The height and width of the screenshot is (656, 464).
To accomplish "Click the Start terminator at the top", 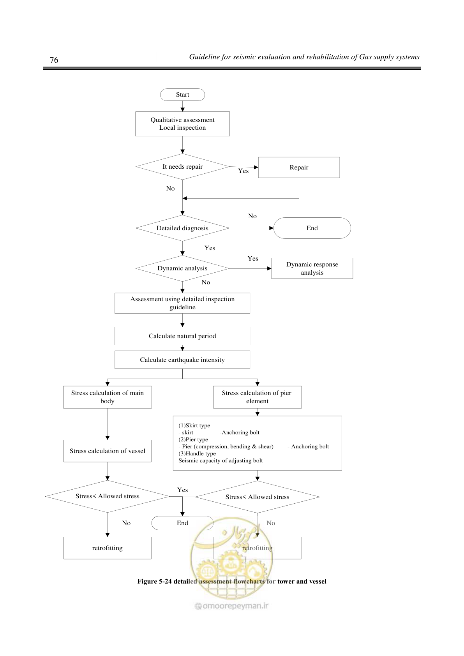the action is click(182, 95).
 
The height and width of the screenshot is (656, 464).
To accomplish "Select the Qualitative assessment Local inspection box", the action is click(182, 124).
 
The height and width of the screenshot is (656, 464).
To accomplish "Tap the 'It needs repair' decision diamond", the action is click(182, 167).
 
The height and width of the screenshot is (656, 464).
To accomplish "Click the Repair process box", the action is click(299, 168).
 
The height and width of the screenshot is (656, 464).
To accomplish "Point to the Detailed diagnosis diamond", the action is click(182, 228).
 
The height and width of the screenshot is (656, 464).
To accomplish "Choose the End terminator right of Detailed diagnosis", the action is click(312, 228).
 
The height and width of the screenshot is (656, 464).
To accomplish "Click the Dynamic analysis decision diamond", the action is click(182, 268).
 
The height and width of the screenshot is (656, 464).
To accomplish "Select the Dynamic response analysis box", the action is click(312, 268).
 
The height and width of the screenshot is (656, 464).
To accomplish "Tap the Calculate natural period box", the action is click(182, 336).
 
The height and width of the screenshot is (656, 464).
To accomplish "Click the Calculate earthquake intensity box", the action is click(182, 360).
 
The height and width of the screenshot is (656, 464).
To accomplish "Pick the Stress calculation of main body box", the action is click(108, 397).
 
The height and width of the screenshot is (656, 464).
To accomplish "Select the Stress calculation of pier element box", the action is click(258, 397).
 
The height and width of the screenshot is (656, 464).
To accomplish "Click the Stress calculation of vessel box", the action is click(108, 451).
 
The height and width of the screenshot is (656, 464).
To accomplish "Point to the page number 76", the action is click(54, 60).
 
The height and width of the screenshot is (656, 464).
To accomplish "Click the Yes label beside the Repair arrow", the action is click(243, 171).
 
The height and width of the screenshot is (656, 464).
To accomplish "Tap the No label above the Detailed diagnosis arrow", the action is click(252, 216).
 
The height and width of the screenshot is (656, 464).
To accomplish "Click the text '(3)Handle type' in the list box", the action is click(197, 454).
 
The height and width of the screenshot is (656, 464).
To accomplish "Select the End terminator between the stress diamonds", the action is click(182, 523).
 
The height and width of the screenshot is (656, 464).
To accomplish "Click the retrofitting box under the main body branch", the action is click(108, 548).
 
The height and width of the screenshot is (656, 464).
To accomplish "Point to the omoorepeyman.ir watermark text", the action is click(232, 606).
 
